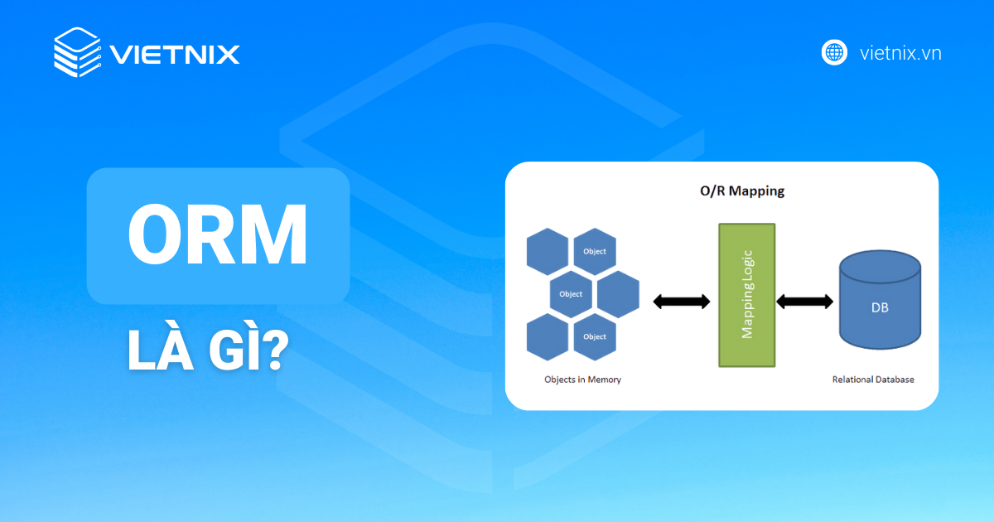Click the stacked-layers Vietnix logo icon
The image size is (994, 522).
[x=76, y=52]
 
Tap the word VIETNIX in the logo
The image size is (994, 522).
[x=174, y=55]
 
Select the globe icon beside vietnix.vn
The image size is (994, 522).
[x=834, y=52]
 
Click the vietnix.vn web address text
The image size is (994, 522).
[x=900, y=53]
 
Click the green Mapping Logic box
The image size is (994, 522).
[x=746, y=295]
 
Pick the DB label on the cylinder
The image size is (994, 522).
[x=880, y=307]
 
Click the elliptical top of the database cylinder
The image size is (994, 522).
[x=880, y=267]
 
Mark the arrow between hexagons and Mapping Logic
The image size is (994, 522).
[x=681, y=302]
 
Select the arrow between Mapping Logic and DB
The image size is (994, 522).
[x=804, y=302]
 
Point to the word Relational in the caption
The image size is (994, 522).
[x=852, y=379]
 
